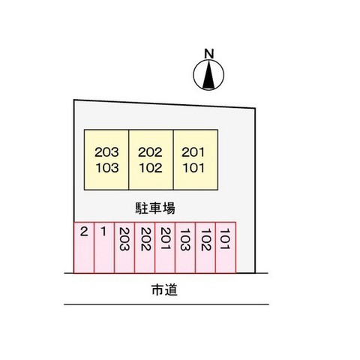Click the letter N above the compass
209,54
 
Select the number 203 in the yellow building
106,152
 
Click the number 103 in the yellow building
107,168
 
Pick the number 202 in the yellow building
150,152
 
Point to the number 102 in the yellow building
151,168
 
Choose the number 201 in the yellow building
193,152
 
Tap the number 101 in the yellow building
193,168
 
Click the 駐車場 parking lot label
155,208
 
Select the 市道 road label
164,289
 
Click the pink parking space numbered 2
84,247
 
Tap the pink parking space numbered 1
104,247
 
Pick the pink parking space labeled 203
124,247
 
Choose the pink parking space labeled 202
145,247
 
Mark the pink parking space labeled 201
165,247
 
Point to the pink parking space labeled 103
185,247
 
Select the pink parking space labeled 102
205,247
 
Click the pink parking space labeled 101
226,247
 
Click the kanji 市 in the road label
157,289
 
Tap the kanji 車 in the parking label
155,208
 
